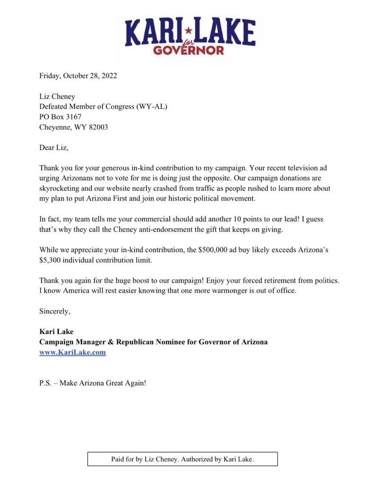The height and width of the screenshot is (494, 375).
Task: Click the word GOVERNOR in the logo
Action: (188, 51)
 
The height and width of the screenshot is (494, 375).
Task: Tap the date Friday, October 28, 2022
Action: (78, 76)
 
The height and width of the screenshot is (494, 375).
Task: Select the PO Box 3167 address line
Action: (60, 116)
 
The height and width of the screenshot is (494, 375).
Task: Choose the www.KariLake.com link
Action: (72, 352)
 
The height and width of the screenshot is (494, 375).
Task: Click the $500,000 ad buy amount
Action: (214, 250)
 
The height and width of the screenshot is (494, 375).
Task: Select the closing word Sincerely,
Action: (55, 311)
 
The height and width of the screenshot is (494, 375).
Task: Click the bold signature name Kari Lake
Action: (56, 332)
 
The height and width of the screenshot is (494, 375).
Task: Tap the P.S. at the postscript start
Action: (46, 383)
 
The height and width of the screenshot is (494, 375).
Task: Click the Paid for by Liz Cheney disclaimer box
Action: (183, 459)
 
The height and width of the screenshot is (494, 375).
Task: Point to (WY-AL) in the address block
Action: (151, 107)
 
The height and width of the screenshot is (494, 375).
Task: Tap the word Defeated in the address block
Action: (54, 107)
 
